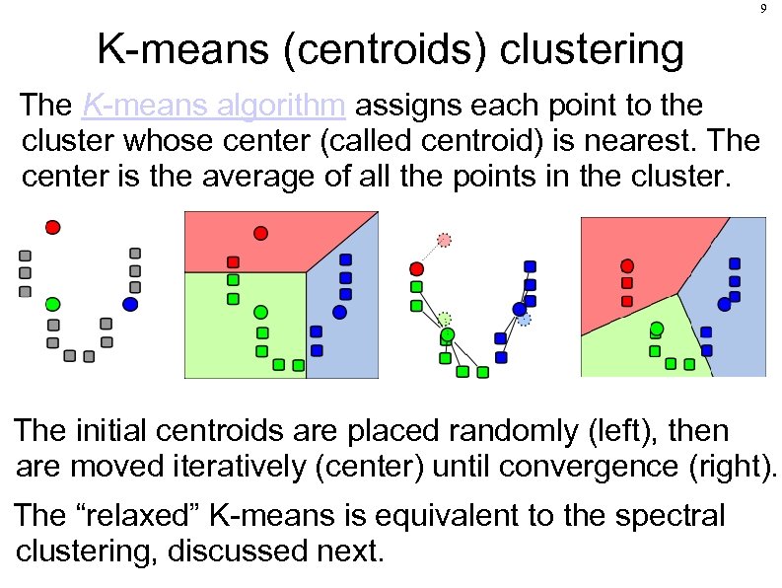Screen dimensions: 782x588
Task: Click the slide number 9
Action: pos(763,9)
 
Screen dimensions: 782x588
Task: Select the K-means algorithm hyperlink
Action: pos(213,104)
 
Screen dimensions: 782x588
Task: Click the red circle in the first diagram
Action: pos(53,227)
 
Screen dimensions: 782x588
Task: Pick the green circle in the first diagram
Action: pos(53,303)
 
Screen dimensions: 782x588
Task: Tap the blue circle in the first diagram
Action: pos(130,304)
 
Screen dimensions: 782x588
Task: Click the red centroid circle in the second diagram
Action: pos(260,234)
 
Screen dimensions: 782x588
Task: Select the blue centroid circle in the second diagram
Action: pos(339,312)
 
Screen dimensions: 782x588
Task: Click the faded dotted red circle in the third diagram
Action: pos(445,240)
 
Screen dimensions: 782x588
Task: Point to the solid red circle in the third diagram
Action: pos(416,268)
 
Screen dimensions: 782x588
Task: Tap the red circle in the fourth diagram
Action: pos(626,265)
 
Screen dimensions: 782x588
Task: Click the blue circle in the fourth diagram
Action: pos(724,305)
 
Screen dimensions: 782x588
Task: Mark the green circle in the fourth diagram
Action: pos(657,330)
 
